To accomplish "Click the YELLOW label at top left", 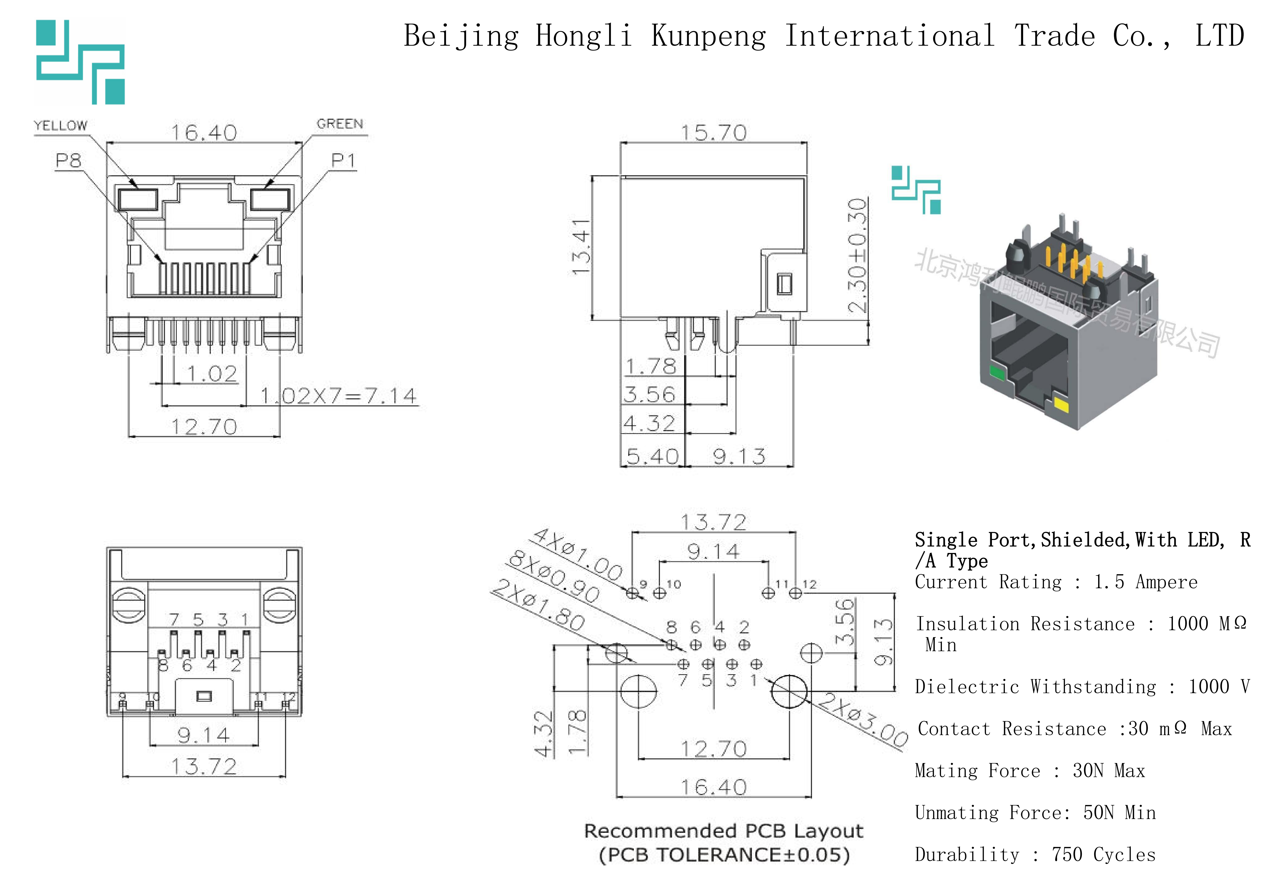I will (x=60, y=125).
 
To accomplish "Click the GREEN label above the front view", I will (x=340, y=124).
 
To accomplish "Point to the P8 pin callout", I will (x=69, y=161).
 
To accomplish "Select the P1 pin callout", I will (x=343, y=161).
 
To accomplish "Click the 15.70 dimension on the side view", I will (x=713, y=132).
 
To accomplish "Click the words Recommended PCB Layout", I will (x=723, y=831).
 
